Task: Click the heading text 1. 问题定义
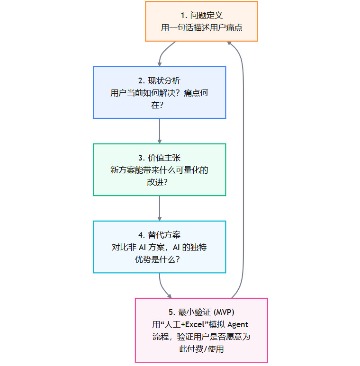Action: click(x=201, y=16)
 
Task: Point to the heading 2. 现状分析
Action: click(x=159, y=80)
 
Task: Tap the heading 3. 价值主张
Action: click(x=159, y=158)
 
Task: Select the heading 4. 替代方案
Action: click(x=159, y=235)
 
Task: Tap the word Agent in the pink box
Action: click(x=238, y=324)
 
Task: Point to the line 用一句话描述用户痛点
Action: click(x=201, y=28)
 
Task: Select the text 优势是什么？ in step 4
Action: click(x=159, y=259)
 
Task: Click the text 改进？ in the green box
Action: click(x=159, y=182)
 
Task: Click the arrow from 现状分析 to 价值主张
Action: click(x=159, y=131)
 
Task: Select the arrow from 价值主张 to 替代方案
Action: click(x=159, y=208)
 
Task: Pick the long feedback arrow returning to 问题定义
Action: click(x=243, y=166)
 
